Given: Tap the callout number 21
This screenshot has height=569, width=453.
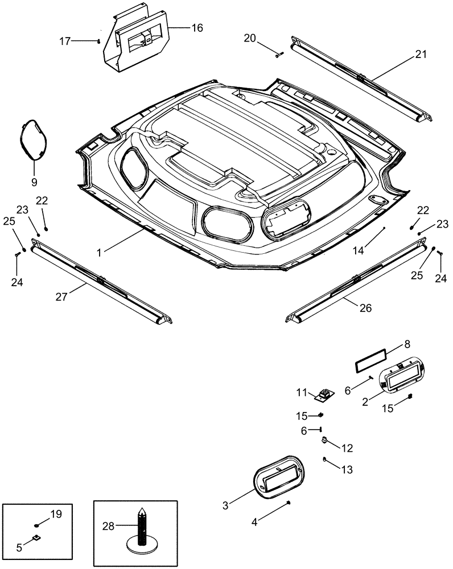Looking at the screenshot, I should click(420, 55).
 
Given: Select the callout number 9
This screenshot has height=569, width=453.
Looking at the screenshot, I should click(34, 183).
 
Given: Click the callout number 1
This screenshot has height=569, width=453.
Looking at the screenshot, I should click(100, 252).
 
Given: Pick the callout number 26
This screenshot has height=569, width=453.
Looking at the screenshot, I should click(365, 308).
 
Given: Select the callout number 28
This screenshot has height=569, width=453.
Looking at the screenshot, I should click(108, 526).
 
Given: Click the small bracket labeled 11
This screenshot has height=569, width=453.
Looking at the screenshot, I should click(326, 394).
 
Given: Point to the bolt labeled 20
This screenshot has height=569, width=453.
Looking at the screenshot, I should click(279, 54).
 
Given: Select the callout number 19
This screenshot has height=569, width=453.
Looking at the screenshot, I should click(55, 514).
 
